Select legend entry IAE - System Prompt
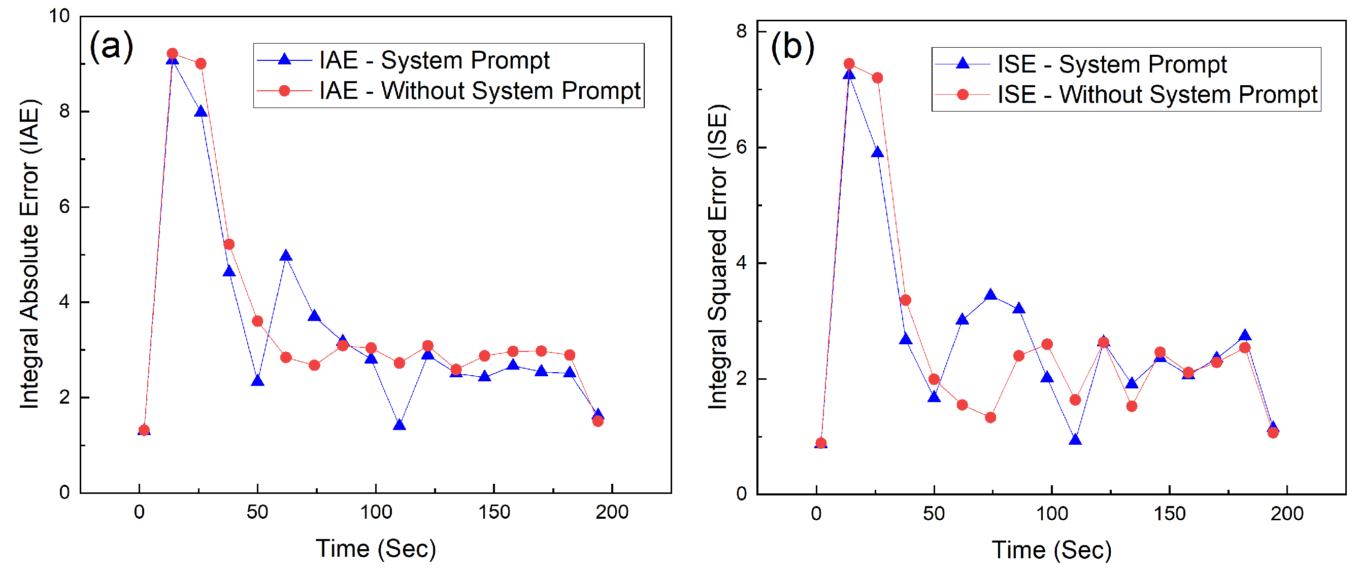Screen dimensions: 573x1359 [x=434, y=60]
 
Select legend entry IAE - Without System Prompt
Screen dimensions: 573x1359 [x=479, y=91]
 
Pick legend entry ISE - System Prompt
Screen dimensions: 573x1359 [x=1112, y=64]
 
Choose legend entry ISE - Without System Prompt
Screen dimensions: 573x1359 [x=1157, y=95]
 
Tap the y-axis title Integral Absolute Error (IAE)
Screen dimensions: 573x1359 [x=30, y=254]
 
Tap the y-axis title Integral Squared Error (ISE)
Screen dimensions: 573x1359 [x=717, y=257]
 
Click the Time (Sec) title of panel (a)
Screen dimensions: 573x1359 [x=376, y=549]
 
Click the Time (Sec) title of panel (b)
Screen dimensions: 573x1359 [x=1051, y=550]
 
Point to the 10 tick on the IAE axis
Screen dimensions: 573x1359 [x=59, y=16]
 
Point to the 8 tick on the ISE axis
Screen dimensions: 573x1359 [x=741, y=31]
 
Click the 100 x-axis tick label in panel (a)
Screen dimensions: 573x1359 [x=376, y=512]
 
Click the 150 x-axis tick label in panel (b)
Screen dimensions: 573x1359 [x=1169, y=514]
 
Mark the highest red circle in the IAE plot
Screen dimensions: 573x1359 [x=173, y=54]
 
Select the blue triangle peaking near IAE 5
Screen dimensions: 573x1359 [x=286, y=256]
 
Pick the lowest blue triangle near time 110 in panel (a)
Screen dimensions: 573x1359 [x=400, y=425]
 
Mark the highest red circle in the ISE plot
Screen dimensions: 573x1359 [x=849, y=64]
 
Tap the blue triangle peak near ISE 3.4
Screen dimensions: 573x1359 [x=990, y=295]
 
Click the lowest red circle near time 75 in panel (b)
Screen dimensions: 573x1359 [x=990, y=417]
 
